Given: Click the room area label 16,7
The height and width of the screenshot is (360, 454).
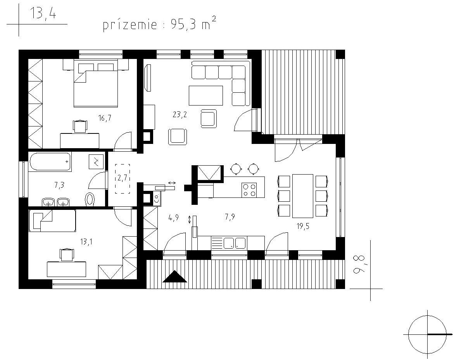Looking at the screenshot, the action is click(x=105, y=118).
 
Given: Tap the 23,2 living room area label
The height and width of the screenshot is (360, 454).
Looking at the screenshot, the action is click(x=180, y=115).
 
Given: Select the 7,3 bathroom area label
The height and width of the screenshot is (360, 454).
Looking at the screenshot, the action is click(x=59, y=185).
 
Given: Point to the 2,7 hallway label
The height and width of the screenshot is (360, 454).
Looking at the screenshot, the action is click(x=123, y=178).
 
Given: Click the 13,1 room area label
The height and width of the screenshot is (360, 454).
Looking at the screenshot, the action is click(x=86, y=242).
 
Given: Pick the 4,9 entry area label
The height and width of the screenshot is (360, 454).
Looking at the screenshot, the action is click(x=173, y=218).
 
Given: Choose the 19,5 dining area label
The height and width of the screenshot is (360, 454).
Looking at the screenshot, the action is click(x=303, y=226).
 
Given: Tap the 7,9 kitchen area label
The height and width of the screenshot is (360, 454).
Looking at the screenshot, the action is click(x=230, y=216).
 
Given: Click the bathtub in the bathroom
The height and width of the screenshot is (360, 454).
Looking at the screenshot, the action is click(x=50, y=162).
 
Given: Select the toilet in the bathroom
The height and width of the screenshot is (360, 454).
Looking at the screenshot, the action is click(x=91, y=199).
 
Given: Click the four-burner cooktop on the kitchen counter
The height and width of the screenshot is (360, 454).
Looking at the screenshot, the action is click(x=249, y=190).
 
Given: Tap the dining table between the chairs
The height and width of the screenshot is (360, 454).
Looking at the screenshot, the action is click(x=303, y=196).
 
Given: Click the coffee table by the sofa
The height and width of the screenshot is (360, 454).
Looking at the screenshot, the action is click(x=206, y=95).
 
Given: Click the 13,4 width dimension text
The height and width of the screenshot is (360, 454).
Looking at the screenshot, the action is click(x=43, y=14).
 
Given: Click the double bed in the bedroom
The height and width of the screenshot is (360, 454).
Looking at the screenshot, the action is click(x=96, y=83).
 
